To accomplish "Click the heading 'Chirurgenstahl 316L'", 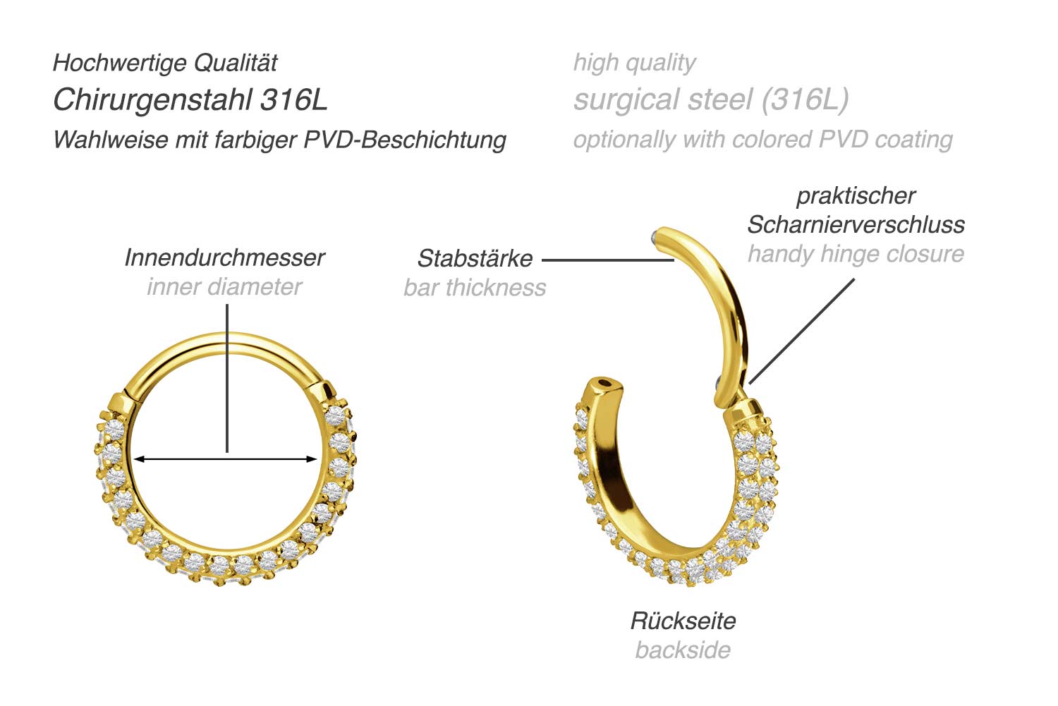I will point(190,100).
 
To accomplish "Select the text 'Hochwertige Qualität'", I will point(165,63).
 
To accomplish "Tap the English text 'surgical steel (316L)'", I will point(710,100).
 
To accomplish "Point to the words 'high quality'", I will point(634,63).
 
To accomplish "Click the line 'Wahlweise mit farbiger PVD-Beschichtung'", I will point(279,140).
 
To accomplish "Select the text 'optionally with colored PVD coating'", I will point(762,140).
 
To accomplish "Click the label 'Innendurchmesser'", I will point(224,258).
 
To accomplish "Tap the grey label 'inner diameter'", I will point(224,287).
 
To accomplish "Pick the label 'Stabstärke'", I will point(475,259).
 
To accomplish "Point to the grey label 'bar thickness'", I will point(475,288).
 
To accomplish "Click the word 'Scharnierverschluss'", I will point(856,225).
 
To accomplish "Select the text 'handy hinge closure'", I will point(856,254).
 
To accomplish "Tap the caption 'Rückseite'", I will point(683,621).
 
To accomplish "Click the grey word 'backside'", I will point(683,650).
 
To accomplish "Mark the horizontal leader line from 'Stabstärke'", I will point(607,260).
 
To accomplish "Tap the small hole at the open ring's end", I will point(604,384).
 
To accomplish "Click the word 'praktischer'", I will point(856,196).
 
